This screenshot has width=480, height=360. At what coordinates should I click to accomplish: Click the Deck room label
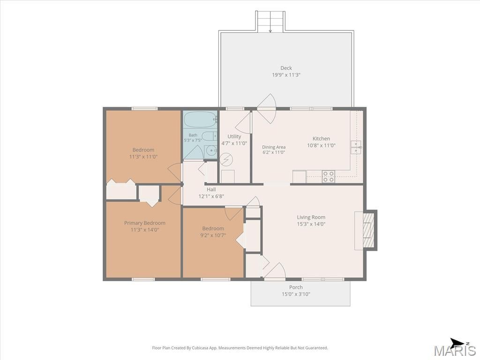(286, 68)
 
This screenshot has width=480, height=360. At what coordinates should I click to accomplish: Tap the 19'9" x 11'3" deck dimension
(286, 75)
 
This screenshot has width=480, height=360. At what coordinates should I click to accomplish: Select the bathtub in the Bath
(200, 120)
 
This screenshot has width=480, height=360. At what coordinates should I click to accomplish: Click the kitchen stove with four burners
(328, 177)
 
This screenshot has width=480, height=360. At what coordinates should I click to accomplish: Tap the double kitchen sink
(356, 147)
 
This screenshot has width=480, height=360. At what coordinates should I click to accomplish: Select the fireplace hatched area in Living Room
(369, 230)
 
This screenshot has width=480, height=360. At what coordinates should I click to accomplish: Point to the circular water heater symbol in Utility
(226, 159)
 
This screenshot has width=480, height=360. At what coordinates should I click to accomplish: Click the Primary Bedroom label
(144, 223)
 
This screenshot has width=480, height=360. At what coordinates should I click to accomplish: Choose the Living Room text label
(311, 217)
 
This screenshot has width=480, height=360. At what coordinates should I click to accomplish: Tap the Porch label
(296, 287)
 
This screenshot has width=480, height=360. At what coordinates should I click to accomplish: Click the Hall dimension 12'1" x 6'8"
(211, 196)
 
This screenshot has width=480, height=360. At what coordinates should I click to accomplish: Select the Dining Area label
(274, 147)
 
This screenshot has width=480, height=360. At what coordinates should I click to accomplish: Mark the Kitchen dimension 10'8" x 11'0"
(321, 145)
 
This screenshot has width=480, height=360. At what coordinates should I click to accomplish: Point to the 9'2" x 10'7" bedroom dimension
(213, 235)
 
